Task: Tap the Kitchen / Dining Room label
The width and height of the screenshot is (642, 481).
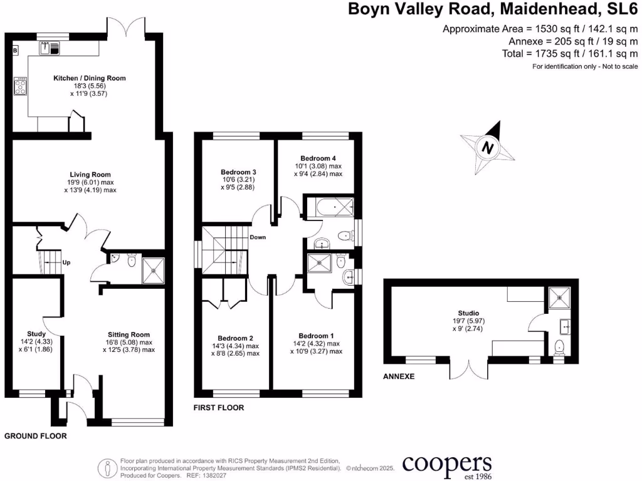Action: pos(90,78)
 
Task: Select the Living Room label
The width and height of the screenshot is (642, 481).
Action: pos(90,175)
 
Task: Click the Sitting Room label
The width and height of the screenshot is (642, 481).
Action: pos(129,334)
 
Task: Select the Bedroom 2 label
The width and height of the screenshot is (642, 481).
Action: pos(235,338)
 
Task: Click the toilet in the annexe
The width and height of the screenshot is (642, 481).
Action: pos(560,346)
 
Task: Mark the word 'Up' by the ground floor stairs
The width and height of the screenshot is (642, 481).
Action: pos(66,262)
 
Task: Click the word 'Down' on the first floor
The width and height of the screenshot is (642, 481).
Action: pos(258,238)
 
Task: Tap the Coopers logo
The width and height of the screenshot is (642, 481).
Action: pos(446,465)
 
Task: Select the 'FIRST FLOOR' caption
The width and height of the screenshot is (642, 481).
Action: pos(219,408)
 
